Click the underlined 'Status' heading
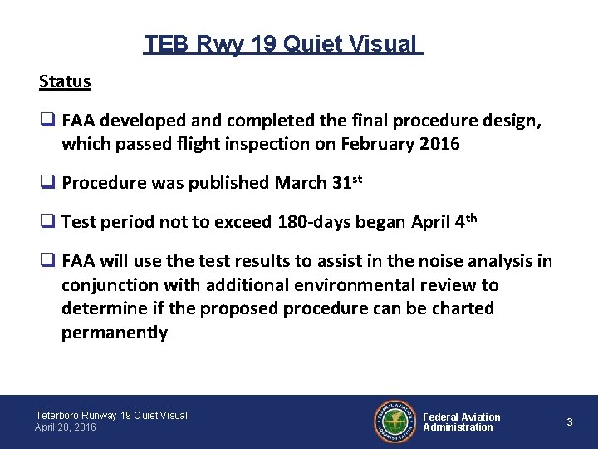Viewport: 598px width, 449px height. click(x=65, y=81)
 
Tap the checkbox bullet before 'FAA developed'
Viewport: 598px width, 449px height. click(x=47, y=121)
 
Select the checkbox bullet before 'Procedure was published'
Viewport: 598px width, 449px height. click(x=47, y=183)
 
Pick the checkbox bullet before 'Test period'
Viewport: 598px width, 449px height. click(x=47, y=222)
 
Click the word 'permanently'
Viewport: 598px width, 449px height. click(x=114, y=333)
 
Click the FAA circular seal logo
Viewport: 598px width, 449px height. click(x=395, y=422)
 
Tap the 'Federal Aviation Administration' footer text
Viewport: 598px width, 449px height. click(x=462, y=422)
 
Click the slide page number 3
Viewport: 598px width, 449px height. click(x=570, y=422)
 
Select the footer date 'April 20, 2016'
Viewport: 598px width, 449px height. click(x=66, y=427)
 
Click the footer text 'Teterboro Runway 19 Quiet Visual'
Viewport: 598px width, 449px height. click(x=111, y=415)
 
